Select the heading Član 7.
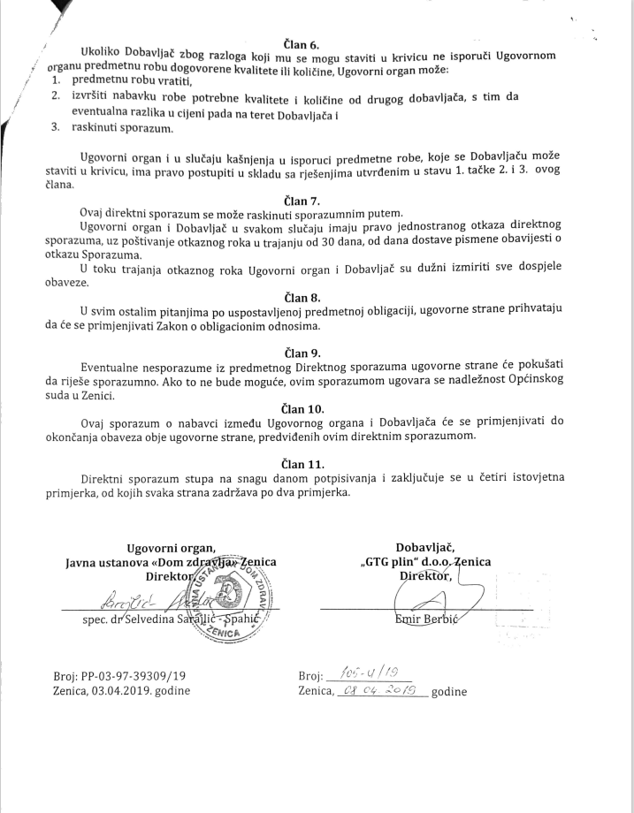[303, 201]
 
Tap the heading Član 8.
[303, 296]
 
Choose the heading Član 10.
[303, 408]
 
